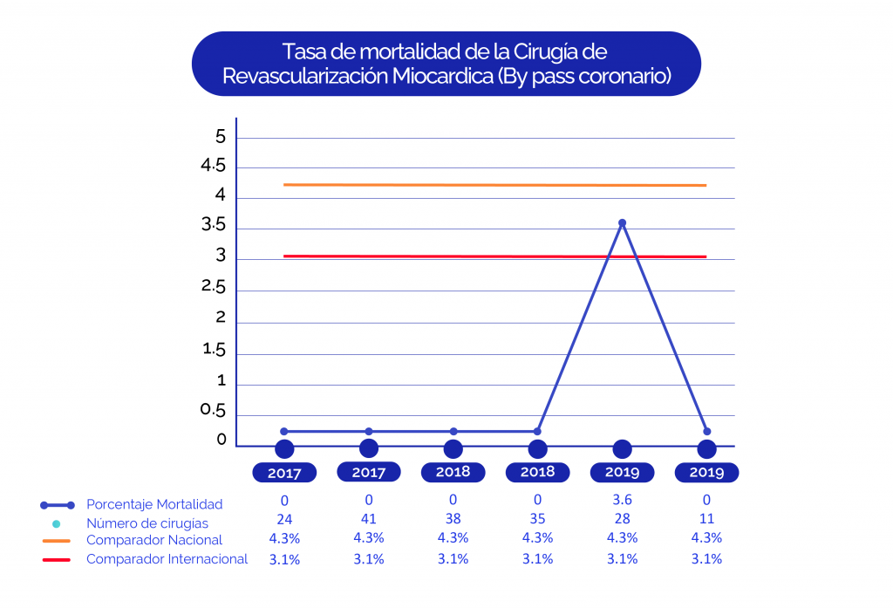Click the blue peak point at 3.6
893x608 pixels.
(x=622, y=223)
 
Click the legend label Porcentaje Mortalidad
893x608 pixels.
(x=154, y=504)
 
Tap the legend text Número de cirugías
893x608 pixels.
(x=147, y=523)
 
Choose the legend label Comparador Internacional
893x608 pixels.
(x=167, y=559)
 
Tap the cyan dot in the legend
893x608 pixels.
(x=56, y=523)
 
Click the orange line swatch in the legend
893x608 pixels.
(x=56, y=541)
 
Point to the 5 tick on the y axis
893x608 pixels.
(x=221, y=137)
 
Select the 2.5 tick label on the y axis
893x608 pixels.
(x=214, y=287)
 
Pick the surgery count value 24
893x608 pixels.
(x=284, y=519)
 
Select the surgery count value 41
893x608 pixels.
(x=369, y=519)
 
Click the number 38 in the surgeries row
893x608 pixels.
(x=453, y=519)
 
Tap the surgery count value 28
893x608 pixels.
(x=622, y=519)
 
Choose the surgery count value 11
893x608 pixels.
(x=706, y=519)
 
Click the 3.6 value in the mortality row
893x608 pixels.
(x=622, y=501)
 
